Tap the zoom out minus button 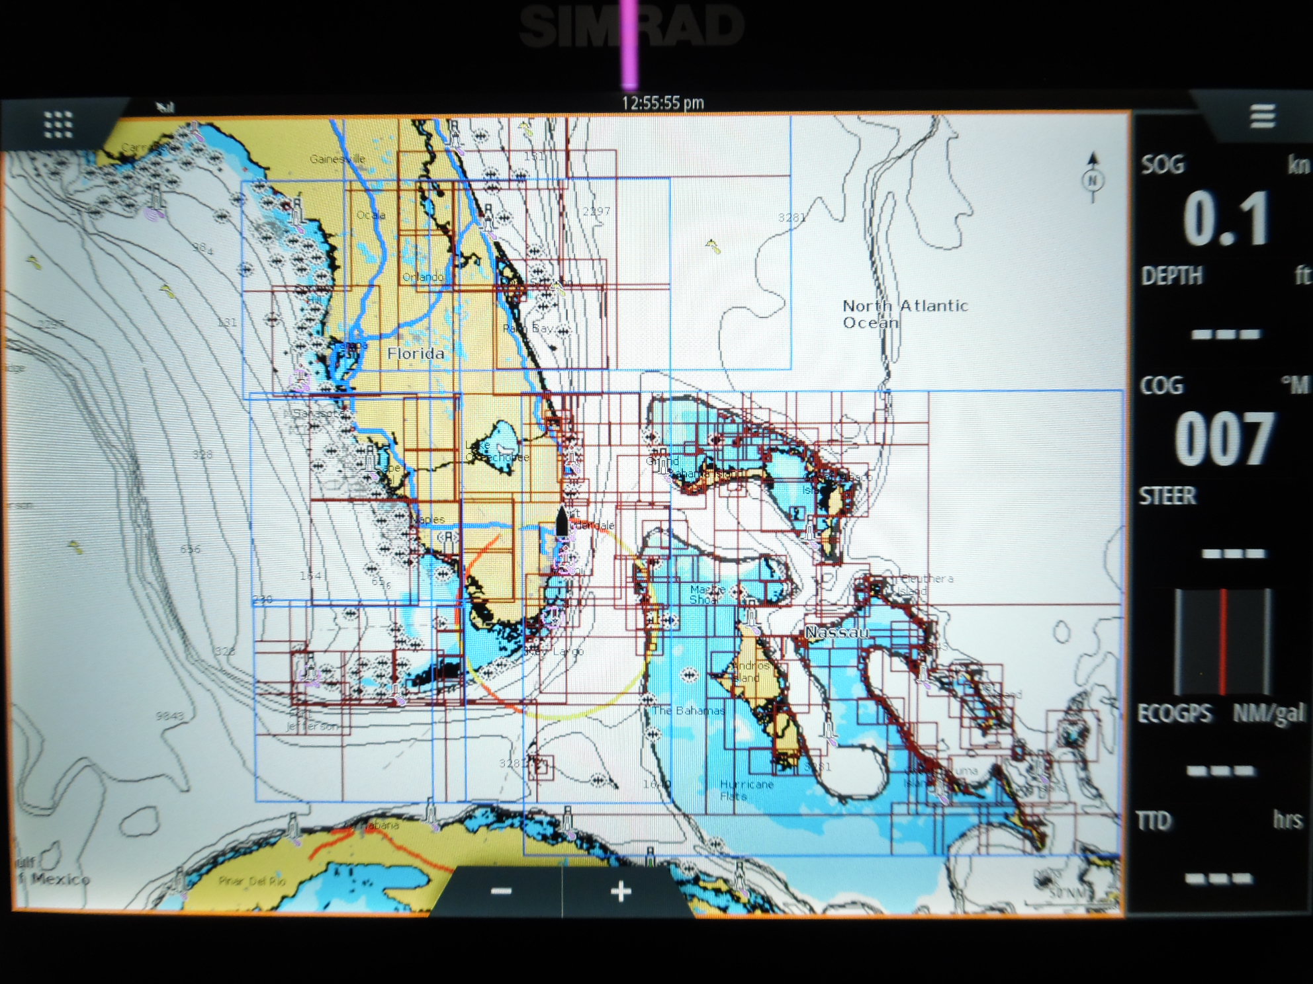point(501,891)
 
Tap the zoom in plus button point(620,891)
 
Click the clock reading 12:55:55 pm point(662,103)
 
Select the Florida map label point(416,354)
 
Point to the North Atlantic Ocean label point(904,314)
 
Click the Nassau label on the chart point(837,633)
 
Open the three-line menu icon point(1262,116)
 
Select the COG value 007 point(1224,438)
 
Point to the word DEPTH point(1171,276)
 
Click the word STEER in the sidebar point(1167,495)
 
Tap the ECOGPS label point(1175,714)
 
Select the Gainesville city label point(338,159)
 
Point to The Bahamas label point(688,710)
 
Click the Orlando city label point(424,276)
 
